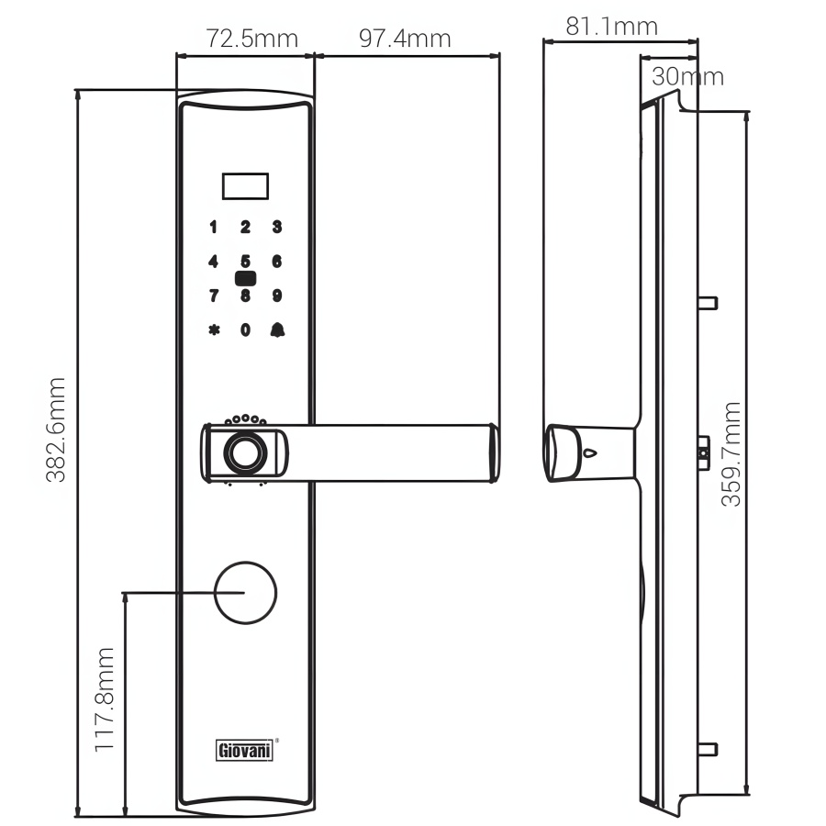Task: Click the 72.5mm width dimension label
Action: (x=251, y=39)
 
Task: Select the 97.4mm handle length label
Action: (x=405, y=39)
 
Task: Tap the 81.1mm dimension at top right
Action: (x=611, y=27)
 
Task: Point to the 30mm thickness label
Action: (x=687, y=77)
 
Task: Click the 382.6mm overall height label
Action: (x=56, y=430)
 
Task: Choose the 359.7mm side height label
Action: (x=731, y=454)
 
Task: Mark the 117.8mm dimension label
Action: (x=104, y=699)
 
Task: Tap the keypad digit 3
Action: (x=277, y=227)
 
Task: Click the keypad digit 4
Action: (x=213, y=262)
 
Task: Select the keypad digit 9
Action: (x=277, y=296)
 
